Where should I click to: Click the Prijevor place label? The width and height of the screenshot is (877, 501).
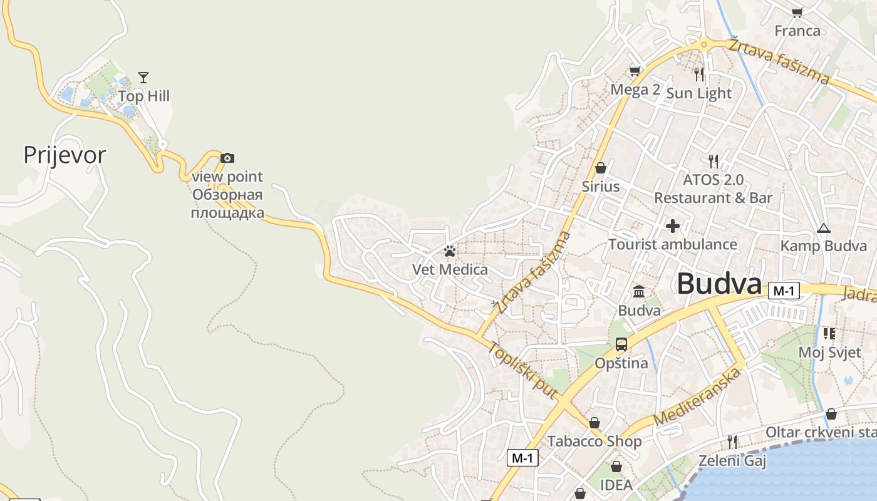[65, 155]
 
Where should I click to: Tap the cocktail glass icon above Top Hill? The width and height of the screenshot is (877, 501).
[143, 78]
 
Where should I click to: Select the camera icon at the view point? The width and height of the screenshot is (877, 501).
[227, 158]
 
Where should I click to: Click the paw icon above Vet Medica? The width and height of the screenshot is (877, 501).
[450, 252]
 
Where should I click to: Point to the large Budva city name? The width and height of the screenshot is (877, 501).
[719, 284]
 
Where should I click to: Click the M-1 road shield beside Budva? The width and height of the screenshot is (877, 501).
[784, 291]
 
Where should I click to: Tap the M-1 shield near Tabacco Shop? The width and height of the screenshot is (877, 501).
[522, 458]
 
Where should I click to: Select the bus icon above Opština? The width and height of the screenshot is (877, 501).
[621, 344]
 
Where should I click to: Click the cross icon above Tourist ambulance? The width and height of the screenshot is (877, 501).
[673, 225]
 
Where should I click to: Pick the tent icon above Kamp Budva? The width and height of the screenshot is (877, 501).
[823, 228]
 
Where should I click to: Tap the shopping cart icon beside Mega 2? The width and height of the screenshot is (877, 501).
[635, 71]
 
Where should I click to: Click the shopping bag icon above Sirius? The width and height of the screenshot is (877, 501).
[601, 168]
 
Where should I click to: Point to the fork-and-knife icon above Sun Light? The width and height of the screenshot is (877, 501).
[699, 75]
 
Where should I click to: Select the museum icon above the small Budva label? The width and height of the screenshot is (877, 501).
[639, 291]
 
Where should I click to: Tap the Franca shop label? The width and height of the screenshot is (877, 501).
[797, 31]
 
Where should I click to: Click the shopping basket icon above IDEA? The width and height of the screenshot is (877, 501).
[616, 467]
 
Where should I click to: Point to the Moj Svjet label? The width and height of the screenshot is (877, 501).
[829, 353]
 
